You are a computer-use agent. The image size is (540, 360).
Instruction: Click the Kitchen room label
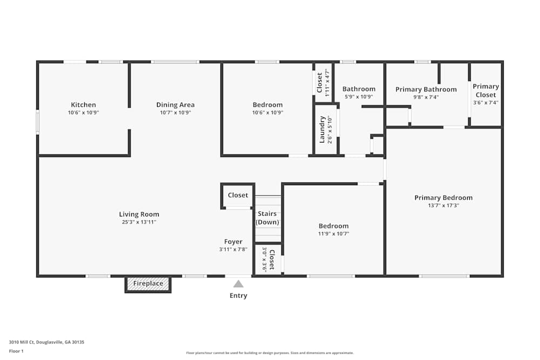(83, 105)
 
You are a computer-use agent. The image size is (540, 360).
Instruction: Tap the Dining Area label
(175, 105)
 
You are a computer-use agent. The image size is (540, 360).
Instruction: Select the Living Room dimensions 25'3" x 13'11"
(139, 222)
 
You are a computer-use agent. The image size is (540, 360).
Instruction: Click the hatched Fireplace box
(148, 283)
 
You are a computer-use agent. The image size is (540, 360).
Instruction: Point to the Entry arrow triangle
(238, 284)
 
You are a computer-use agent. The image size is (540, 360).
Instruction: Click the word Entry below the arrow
(238, 296)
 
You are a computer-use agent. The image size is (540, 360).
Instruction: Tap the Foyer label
(233, 242)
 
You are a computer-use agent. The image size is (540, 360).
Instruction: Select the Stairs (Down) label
(267, 218)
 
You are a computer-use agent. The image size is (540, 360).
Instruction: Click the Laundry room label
(322, 130)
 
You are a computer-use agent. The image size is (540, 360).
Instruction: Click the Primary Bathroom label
(426, 90)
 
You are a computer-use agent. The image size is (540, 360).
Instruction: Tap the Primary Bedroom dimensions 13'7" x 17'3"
(443, 205)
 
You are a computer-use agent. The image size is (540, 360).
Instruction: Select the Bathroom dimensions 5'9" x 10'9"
(359, 97)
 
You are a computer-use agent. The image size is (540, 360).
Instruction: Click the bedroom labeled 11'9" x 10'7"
(333, 226)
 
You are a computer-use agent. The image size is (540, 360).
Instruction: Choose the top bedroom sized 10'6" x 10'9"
(267, 105)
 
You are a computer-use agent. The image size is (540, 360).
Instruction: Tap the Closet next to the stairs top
(238, 195)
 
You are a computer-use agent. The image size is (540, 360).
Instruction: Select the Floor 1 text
(16, 351)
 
